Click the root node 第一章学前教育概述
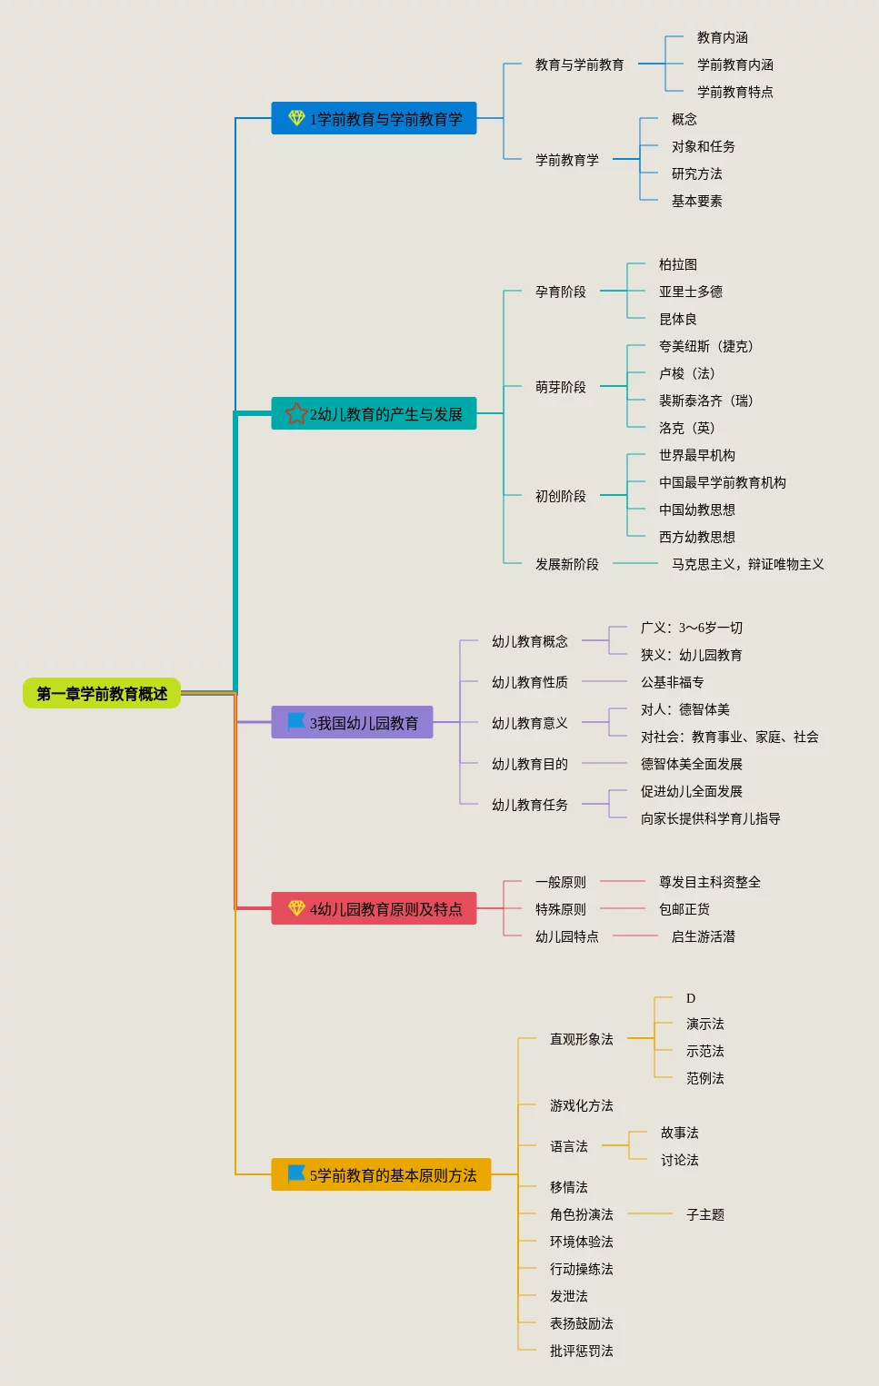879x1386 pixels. tap(102, 694)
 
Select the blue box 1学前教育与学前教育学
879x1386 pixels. tap(374, 118)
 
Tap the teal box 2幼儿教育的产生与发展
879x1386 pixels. tap(374, 413)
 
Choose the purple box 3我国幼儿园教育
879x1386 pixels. tap(352, 722)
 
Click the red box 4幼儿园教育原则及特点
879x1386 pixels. tap(374, 908)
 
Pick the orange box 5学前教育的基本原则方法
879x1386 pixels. tap(381, 1174)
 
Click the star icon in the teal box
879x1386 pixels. tap(296, 413)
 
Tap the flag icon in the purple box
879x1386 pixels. tap(296, 721)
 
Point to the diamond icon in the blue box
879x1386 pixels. tap(296, 118)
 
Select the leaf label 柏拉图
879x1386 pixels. tap(677, 264)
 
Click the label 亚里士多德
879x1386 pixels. tap(690, 292)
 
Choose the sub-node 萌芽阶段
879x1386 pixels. tap(560, 387)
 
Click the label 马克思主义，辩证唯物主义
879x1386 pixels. tap(747, 564)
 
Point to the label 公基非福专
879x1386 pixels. tap(672, 682)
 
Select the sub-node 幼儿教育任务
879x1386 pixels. tap(529, 805)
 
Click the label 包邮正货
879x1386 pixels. tap(684, 909)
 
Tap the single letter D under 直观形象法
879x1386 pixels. tap(690, 998)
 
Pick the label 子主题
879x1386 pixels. tap(704, 1214)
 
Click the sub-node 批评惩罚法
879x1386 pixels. tap(581, 1351)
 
